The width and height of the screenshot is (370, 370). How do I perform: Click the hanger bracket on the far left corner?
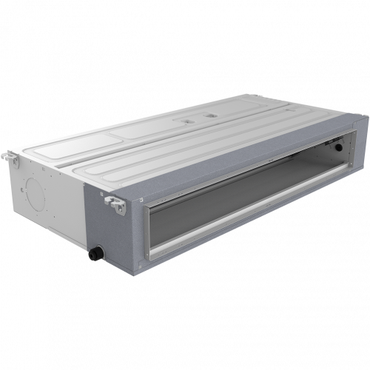pos(10,156)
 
